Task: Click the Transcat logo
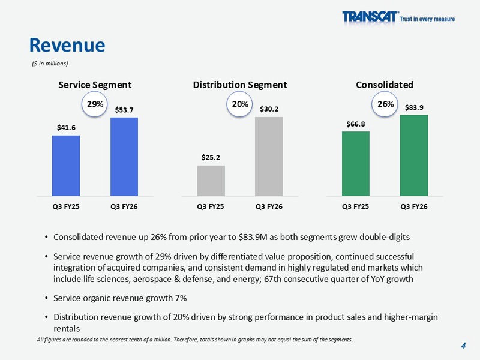click(398, 17)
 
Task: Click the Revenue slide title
click(67, 44)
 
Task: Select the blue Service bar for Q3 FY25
click(66, 166)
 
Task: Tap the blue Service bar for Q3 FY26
click(124, 157)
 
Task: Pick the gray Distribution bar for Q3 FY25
click(211, 181)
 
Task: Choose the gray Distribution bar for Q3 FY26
click(269, 157)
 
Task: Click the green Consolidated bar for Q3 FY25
click(356, 163)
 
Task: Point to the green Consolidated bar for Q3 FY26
click(414, 155)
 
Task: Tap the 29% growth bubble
click(95, 104)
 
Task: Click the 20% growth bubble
click(240, 104)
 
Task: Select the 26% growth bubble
click(385, 104)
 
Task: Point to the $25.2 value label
click(211, 158)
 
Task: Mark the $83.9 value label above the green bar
click(414, 107)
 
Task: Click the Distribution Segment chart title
click(240, 85)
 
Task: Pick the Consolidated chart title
click(385, 85)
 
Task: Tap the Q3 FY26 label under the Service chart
click(124, 206)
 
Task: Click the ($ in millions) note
click(50, 63)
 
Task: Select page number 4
click(464, 346)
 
